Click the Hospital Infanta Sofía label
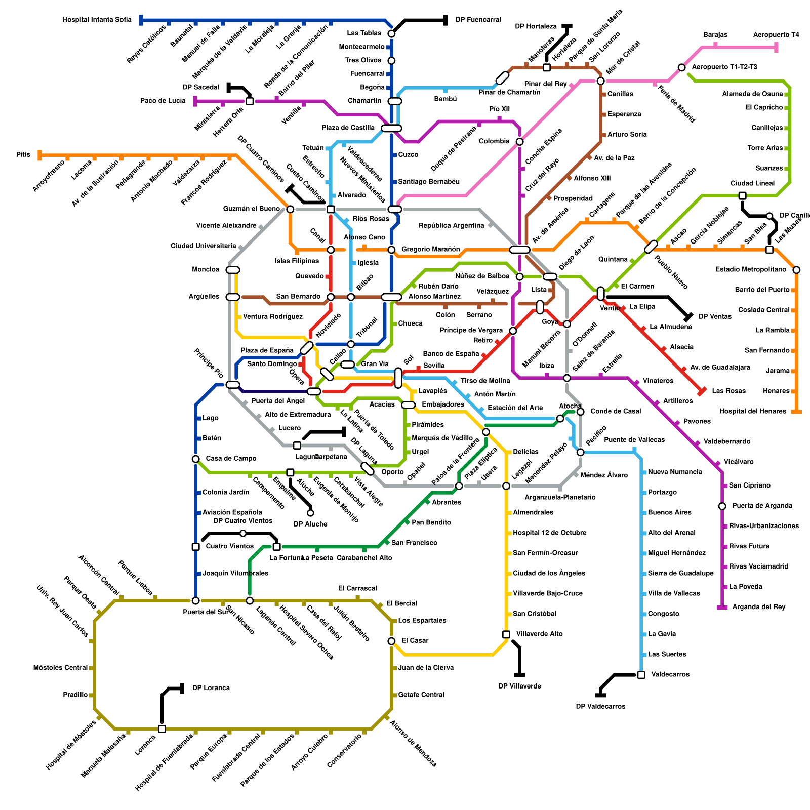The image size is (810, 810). click(x=97, y=20)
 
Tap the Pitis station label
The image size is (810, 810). click(x=23, y=154)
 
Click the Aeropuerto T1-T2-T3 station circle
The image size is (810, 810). click(x=681, y=67)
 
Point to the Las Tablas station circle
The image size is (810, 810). click(x=391, y=34)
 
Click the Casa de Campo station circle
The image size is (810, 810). click(x=196, y=459)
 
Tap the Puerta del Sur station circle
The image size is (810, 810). click(x=196, y=601)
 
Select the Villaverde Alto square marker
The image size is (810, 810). click(x=506, y=634)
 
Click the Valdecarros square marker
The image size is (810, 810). click(x=641, y=675)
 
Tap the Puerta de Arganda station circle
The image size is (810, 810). click(x=722, y=506)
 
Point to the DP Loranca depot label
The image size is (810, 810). click(x=211, y=688)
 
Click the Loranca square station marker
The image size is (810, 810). click(x=162, y=729)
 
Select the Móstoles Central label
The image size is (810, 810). click(x=60, y=668)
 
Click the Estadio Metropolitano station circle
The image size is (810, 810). click(x=796, y=270)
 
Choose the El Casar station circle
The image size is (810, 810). click(x=391, y=641)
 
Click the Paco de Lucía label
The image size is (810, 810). click(x=163, y=101)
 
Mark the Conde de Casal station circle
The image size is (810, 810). click(x=581, y=412)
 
